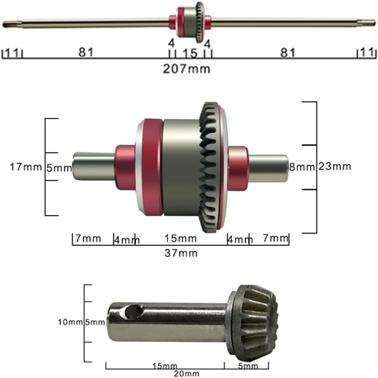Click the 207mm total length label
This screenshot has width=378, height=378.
[x=187, y=69]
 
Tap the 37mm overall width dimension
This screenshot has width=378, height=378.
[x=181, y=253]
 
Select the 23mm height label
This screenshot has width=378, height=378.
[x=334, y=166]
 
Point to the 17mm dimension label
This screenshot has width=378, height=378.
[x=26, y=167]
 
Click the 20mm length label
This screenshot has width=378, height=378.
[x=187, y=373]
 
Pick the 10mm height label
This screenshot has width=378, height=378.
[x=70, y=322]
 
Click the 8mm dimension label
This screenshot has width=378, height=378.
[x=302, y=167]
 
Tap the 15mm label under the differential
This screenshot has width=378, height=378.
[x=180, y=238]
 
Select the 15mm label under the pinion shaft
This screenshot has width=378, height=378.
[x=165, y=366]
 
